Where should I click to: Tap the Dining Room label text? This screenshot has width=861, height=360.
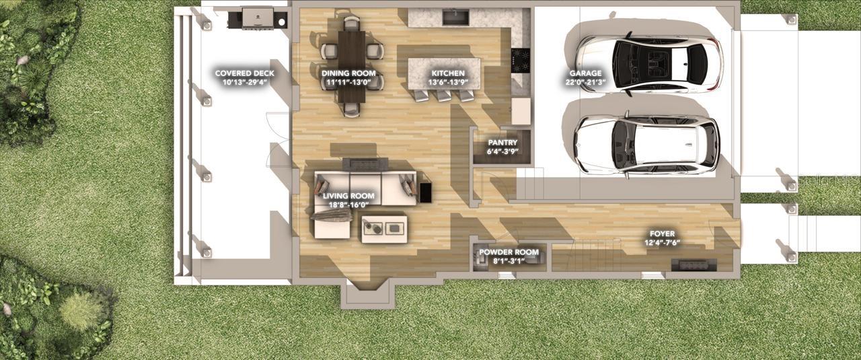coord(348,73)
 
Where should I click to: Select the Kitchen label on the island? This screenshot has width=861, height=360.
coord(447,73)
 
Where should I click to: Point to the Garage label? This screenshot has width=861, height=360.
coord(585,73)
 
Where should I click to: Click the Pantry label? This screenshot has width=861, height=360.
coord(502,143)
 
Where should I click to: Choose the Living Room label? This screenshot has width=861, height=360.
coord(348,196)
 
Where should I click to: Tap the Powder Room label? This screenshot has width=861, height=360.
coord(509,252)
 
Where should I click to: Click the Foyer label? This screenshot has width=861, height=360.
coord(662,233)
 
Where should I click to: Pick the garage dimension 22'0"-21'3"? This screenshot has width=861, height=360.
coord(585,82)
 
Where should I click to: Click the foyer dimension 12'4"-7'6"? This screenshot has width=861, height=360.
coord(662,243)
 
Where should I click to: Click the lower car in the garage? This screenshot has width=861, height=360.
coord(646,145)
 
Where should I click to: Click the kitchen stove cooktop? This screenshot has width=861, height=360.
coord(521,60)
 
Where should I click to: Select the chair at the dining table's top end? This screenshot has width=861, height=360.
coord(350,25)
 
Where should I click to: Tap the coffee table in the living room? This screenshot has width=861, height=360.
coord(385,228)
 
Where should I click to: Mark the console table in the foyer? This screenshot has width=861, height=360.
coord(694,263)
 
